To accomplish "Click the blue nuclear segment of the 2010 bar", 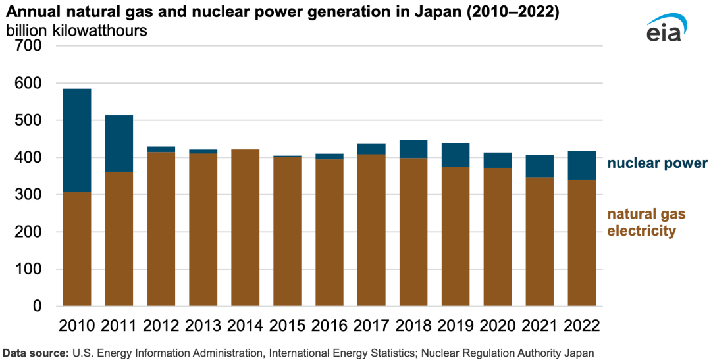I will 77,140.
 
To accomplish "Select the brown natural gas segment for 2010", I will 77,249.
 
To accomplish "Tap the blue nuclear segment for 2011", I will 119,143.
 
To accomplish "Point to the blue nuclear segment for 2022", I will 582,165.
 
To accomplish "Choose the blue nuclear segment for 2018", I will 413,149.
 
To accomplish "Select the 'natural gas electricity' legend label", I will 646,222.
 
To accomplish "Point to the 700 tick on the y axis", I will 30,46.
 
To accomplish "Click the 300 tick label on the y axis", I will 30,195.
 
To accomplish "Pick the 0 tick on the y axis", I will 37,307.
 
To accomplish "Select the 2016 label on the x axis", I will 329,326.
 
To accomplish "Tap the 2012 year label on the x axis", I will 161,326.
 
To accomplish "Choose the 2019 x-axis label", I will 456,326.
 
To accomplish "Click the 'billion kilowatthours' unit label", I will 76,30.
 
